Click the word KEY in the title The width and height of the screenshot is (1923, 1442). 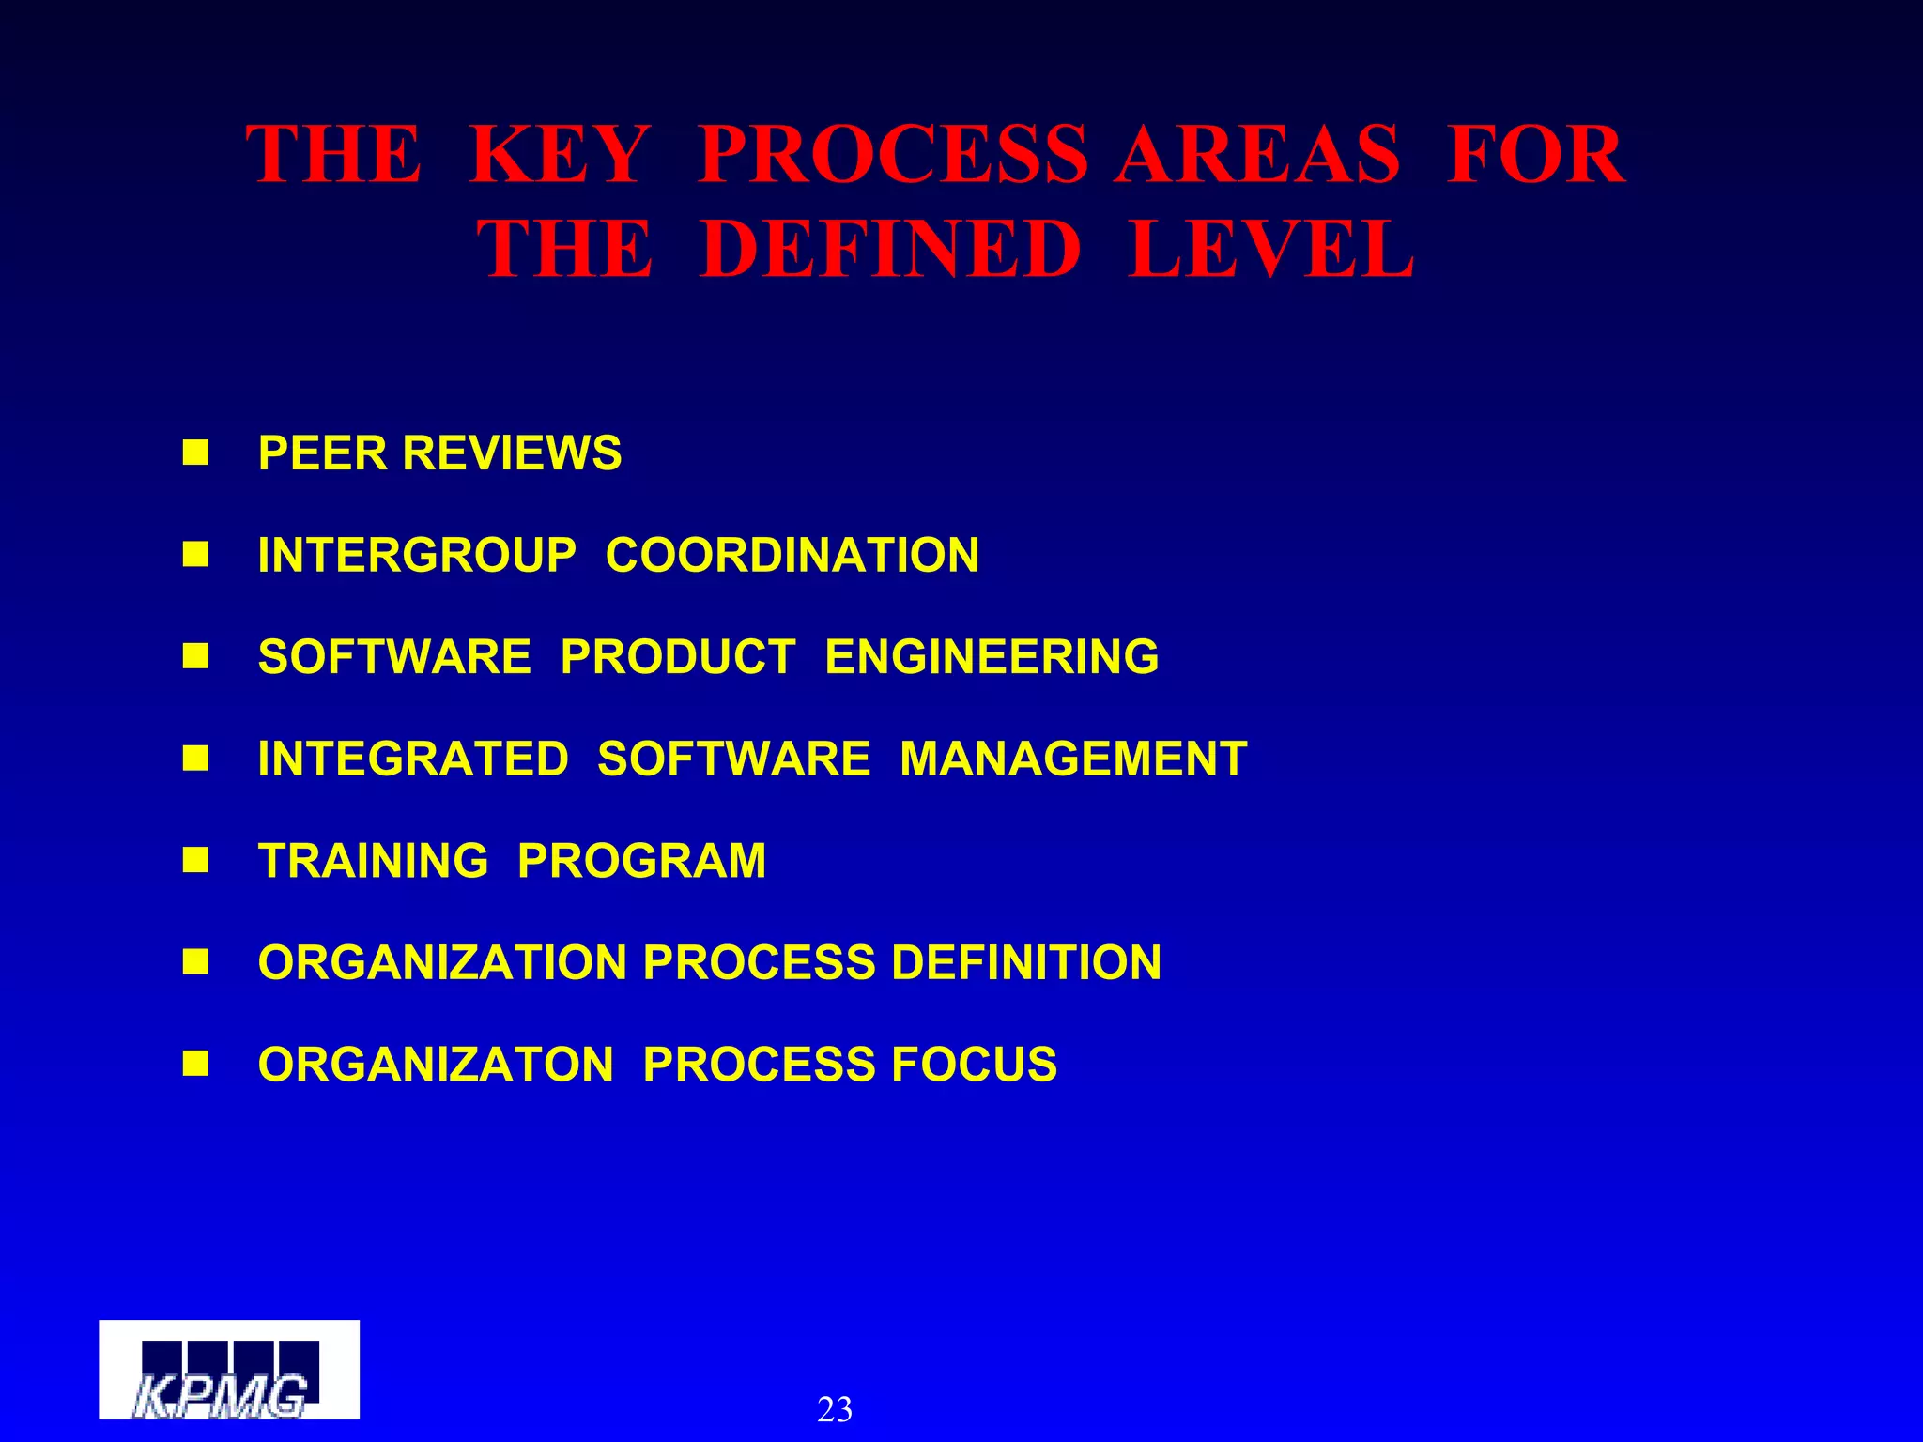click(560, 155)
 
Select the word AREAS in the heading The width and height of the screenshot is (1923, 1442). click(1258, 155)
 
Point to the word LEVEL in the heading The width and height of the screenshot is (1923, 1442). click(1271, 249)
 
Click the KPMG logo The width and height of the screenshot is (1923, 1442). click(229, 1370)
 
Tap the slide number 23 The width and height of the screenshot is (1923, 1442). click(835, 1409)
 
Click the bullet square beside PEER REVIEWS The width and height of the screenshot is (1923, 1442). click(195, 453)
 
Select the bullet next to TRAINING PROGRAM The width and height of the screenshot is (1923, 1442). click(195, 860)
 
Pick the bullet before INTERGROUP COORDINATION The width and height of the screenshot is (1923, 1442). click(195, 555)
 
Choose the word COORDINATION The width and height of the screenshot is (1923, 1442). click(792, 555)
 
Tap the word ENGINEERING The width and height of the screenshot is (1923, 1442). click(992, 656)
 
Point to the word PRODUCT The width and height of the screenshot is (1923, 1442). click(678, 656)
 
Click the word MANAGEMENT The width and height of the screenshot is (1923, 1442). click(1073, 759)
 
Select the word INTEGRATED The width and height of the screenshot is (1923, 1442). click(413, 759)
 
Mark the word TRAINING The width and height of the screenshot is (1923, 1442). click(374, 861)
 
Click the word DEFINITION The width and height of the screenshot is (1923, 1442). click(1026, 962)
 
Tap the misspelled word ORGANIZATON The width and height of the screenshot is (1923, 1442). click(436, 1065)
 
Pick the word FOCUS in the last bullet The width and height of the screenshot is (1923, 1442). click(974, 1065)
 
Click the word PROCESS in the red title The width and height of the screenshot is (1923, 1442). click(893, 155)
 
